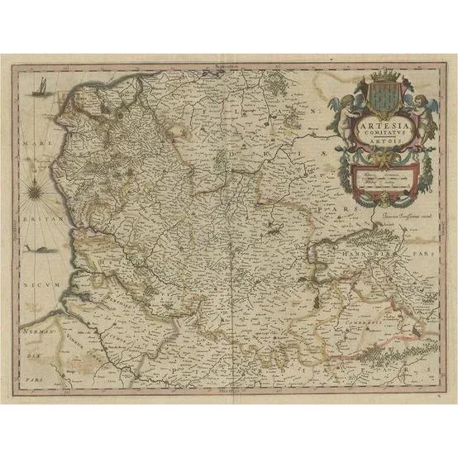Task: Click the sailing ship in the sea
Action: point(38,87)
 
